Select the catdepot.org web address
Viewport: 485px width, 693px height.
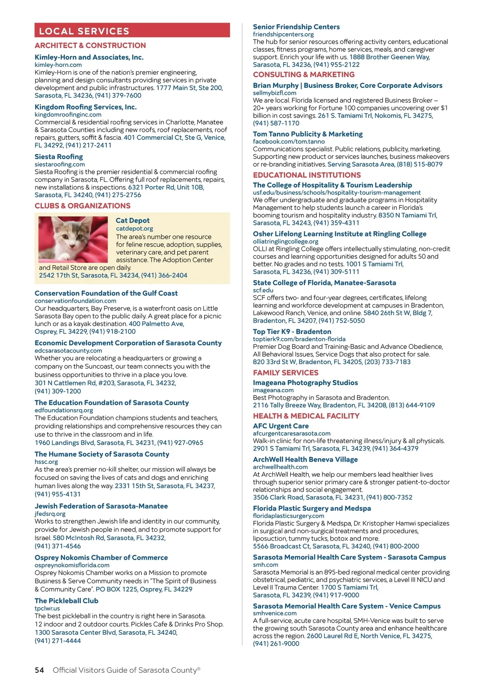(x=134, y=228)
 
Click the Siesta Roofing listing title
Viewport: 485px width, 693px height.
(x=59, y=156)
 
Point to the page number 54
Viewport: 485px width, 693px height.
(x=39, y=670)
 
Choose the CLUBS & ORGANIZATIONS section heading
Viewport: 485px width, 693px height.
(x=82, y=206)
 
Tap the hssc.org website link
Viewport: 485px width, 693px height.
(x=46, y=462)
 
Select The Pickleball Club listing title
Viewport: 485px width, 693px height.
(x=66, y=601)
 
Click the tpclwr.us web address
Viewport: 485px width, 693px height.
(x=47, y=608)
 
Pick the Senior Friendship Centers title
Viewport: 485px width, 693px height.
(x=296, y=27)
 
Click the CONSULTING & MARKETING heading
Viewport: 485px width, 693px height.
(x=304, y=74)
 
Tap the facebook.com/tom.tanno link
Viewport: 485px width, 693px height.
(x=289, y=142)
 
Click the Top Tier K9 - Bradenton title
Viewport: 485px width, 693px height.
(x=292, y=332)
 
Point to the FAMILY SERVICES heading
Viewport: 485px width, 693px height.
(x=285, y=373)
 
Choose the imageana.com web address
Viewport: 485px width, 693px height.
(x=273, y=390)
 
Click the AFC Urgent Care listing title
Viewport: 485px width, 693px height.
(x=280, y=426)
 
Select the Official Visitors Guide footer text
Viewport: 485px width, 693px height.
(x=126, y=670)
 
